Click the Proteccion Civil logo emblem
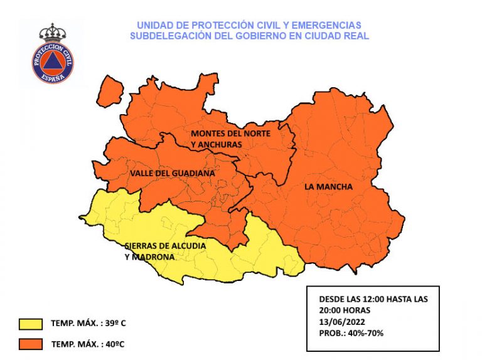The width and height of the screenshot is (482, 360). pyautogui.click(x=53, y=62)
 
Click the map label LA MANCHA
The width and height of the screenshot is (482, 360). pyautogui.click(x=328, y=187)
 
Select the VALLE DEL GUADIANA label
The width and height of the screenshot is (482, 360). pyautogui.click(x=173, y=172)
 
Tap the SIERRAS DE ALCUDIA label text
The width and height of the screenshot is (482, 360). pyautogui.click(x=165, y=246)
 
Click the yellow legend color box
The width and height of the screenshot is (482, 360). pyautogui.click(x=30, y=324)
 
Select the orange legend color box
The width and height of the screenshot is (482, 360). pyautogui.click(x=30, y=344)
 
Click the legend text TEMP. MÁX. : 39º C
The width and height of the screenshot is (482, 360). pyautogui.click(x=92, y=324)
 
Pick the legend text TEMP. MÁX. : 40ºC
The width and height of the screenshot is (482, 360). pyautogui.click(x=91, y=344)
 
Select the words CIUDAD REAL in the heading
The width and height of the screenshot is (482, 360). pyautogui.click(x=339, y=36)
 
